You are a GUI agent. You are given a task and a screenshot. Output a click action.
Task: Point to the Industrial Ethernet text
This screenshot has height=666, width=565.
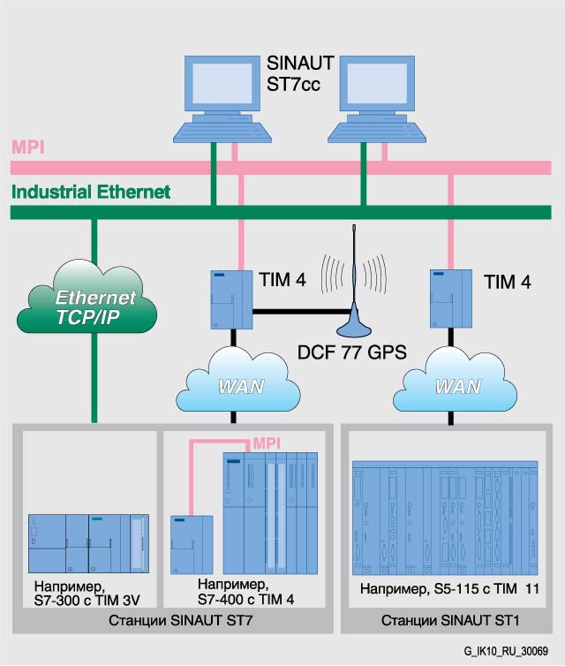(91, 192)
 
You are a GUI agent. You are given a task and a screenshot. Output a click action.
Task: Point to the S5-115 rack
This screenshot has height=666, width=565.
(444, 518)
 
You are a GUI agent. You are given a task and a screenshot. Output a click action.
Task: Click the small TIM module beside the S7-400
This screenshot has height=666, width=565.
(192, 544)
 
